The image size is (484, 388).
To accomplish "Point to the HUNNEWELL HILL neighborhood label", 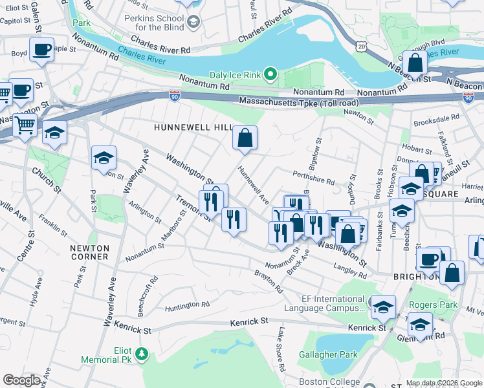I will click(x=192, y=128).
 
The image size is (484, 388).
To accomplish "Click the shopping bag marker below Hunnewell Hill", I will click(x=245, y=138).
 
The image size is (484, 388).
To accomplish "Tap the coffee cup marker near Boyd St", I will click(x=41, y=50).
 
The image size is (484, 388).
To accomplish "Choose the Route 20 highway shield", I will click(x=361, y=45).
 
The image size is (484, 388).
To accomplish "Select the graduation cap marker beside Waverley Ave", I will click(x=104, y=158).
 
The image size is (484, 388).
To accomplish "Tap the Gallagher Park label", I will click(x=329, y=355).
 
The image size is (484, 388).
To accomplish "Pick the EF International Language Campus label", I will click(x=333, y=304).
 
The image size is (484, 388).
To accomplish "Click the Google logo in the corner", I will click(x=21, y=380).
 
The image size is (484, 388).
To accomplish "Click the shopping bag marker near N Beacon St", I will click(x=415, y=63).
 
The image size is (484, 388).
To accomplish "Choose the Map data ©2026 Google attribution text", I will click(x=444, y=383).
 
